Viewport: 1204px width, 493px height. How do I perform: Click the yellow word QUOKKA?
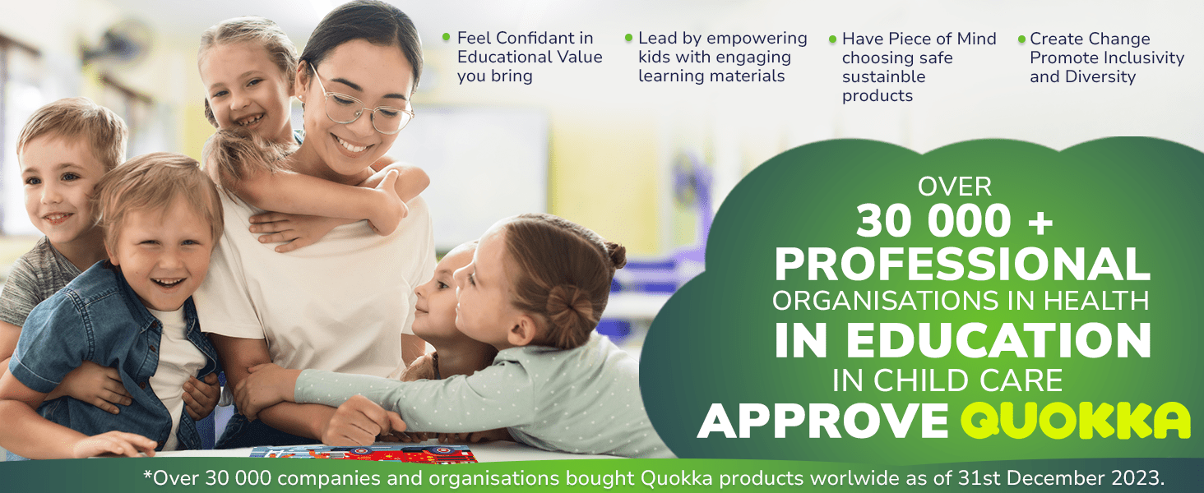point(1075,422)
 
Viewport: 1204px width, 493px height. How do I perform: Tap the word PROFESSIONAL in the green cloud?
point(962,265)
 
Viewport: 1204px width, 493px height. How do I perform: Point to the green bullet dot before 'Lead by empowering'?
point(629,38)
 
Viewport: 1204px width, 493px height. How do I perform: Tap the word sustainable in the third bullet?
point(883,76)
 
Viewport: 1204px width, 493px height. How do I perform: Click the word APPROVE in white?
point(823,422)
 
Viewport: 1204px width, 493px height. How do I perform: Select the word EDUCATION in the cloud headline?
point(998,340)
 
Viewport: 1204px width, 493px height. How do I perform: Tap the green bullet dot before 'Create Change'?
point(1021,39)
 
